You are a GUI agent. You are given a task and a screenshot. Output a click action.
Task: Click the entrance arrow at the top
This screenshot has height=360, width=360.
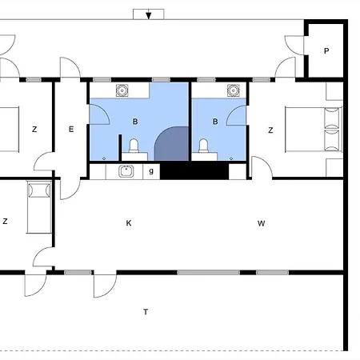click(x=149, y=15)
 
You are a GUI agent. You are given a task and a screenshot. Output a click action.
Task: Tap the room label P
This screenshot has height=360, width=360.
click(x=326, y=50)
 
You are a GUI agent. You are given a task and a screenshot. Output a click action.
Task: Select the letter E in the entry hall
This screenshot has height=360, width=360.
click(x=71, y=129)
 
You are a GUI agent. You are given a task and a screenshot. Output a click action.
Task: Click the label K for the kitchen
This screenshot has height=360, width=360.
click(x=129, y=223)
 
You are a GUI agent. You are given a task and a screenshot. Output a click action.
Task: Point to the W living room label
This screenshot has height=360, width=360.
click(x=262, y=223)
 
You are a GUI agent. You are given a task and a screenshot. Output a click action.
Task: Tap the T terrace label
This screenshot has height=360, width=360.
click(x=146, y=312)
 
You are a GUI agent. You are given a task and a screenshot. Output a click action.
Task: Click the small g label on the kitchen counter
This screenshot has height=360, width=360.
click(x=151, y=171)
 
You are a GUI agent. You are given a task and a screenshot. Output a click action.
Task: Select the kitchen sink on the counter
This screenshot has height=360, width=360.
click(x=126, y=171)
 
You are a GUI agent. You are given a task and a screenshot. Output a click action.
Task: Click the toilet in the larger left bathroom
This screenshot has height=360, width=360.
click(x=134, y=146)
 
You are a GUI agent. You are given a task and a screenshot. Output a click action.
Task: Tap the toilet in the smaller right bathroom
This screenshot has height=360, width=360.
click(x=203, y=146)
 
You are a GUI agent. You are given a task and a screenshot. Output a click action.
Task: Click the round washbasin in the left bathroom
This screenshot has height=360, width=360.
click(x=122, y=90)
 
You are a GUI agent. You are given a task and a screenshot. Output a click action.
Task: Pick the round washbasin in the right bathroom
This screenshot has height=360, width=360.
click(x=234, y=90)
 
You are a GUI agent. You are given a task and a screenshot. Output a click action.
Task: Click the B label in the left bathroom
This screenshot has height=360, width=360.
click(x=135, y=122)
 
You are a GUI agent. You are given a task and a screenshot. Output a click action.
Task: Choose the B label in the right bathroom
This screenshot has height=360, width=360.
click(x=215, y=122)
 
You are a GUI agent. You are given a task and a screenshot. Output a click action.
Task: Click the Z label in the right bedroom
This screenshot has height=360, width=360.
click(x=270, y=130)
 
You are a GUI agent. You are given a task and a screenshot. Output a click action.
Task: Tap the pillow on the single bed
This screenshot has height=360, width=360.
click(x=39, y=190)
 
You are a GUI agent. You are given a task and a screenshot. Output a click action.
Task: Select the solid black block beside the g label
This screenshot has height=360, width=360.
click(x=194, y=170)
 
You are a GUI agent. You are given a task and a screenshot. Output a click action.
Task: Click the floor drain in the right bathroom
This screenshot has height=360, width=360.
click(x=231, y=158)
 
